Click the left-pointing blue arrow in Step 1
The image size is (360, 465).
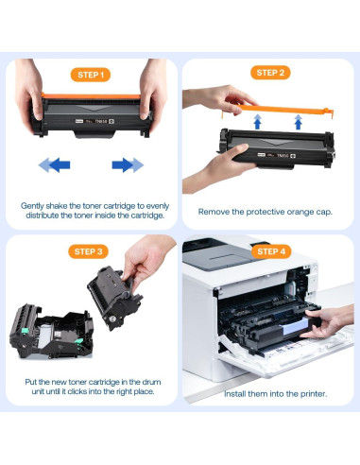pyautogui.click(x=54, y=165)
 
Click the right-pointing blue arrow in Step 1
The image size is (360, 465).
pyautogui.click(x=127, y=165)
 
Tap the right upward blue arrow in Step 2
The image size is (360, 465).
pyautogui.click(x=298, y=121)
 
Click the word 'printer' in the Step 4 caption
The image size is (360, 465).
pyautogui.click(x=302, y=391)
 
